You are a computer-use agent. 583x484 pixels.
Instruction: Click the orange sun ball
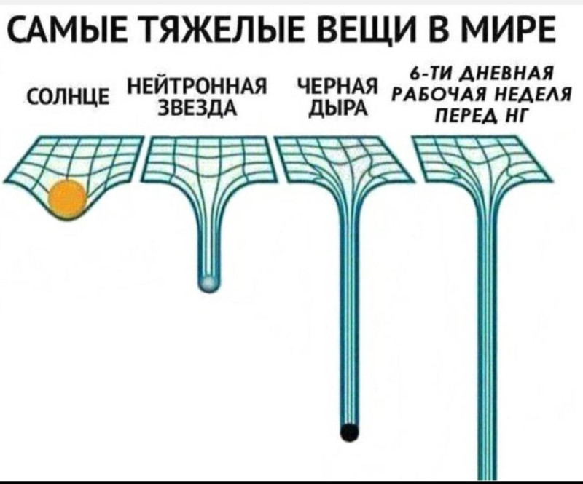coord(67,197)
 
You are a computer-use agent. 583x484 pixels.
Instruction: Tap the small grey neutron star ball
coord(208,282)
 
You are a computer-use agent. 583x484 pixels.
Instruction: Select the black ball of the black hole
coord(350,431)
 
